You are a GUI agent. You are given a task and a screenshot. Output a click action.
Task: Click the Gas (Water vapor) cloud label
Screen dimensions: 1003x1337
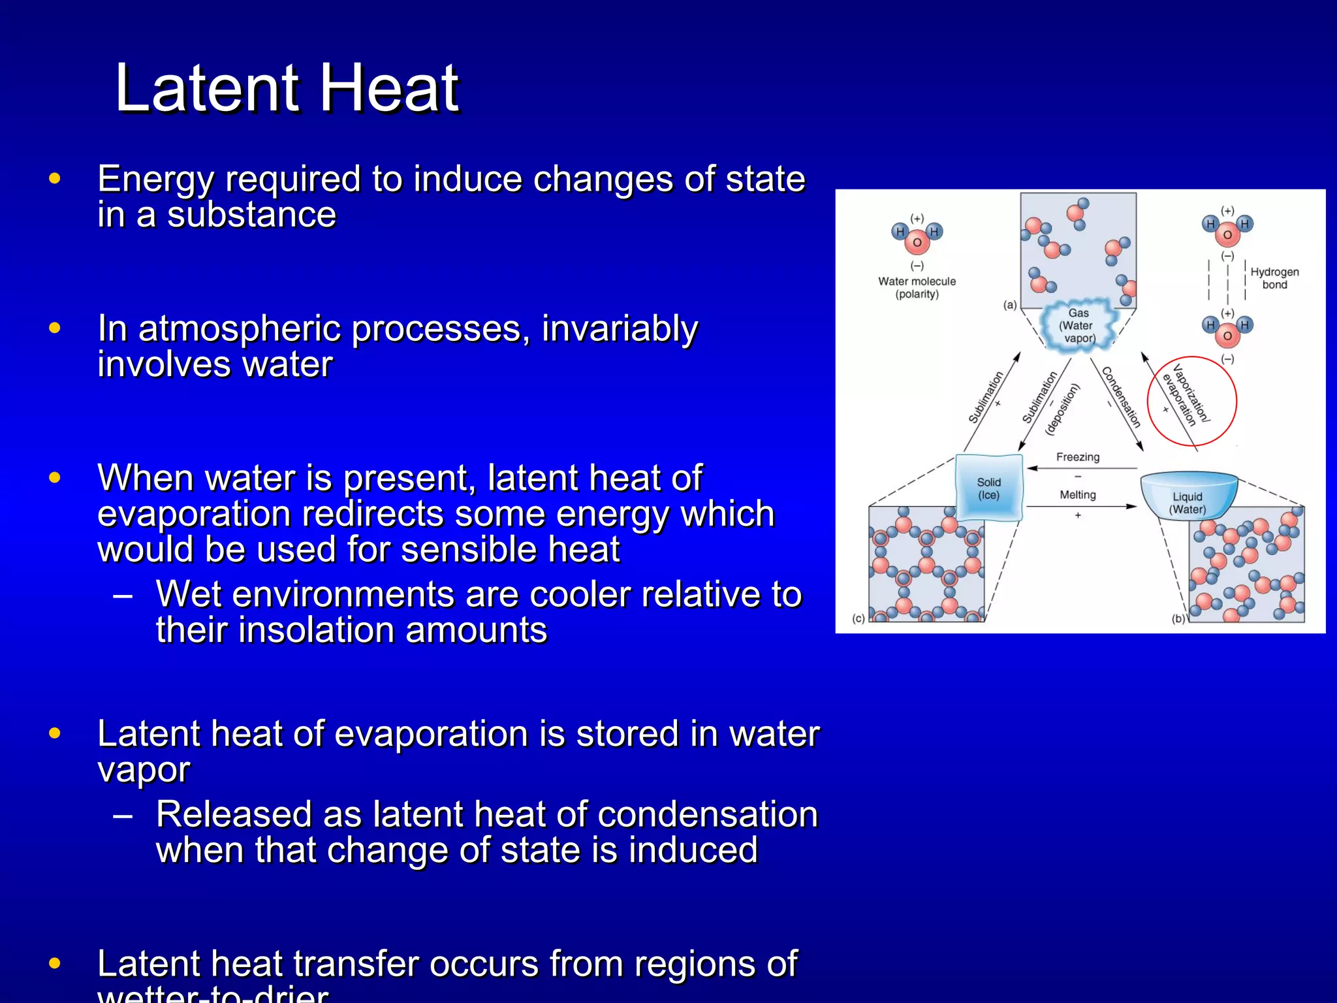pyautogui.click(x=1078, y=325)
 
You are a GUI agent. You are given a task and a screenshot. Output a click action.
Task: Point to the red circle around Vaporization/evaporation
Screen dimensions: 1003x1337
pyautogui.click(x=1191, y=401)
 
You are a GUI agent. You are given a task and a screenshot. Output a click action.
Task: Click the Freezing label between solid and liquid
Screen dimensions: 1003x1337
pyautogui.click(x=1078, y=457)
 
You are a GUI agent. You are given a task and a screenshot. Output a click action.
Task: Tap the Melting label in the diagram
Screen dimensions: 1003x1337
pyautogui.click(x=1077, y=495)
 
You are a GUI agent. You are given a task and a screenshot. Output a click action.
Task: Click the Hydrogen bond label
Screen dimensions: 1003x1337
pyautogui.click(x=1274, y=278)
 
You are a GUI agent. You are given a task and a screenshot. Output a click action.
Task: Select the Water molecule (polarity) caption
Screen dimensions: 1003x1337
pyautogui.click(x=917, y=287)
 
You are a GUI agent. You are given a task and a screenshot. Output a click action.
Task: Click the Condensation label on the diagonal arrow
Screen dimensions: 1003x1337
pyautogui.click(x=1120, y=397)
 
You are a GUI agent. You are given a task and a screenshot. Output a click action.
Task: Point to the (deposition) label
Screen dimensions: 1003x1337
pyautogui.click(x=1062, y=409)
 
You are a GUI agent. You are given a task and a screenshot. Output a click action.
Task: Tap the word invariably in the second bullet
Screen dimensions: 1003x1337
pyautogui.click(x=620, y=328)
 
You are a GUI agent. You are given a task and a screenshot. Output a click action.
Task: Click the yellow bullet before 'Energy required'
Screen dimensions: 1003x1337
pyautogui.click(x=55, y=178)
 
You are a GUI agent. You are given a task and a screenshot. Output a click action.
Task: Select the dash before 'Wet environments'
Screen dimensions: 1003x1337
pyautogui.click(x=123, y=595)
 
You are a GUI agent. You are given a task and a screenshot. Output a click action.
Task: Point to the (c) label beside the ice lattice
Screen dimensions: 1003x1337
pyautogui.click(x=858, y=618)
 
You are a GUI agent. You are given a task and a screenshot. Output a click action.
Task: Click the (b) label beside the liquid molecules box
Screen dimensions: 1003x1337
pyautogui.click(x=1178, y=618)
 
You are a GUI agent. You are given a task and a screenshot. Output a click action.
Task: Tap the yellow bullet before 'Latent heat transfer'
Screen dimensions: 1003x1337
pyautogui.click(x=55, y=963)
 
